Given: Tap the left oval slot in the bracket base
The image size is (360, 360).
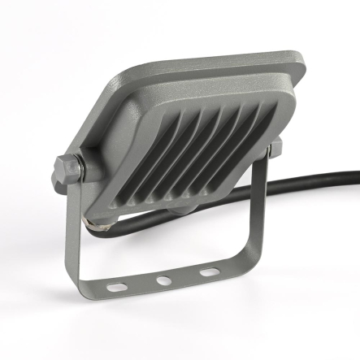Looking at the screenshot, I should pyautogui.click(x=119, y=286).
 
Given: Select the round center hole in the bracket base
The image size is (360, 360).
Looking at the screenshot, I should pyautogui.click(x=164, y=280).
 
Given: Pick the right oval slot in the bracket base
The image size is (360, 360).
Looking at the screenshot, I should pyautogui.click(x=210, y=272).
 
